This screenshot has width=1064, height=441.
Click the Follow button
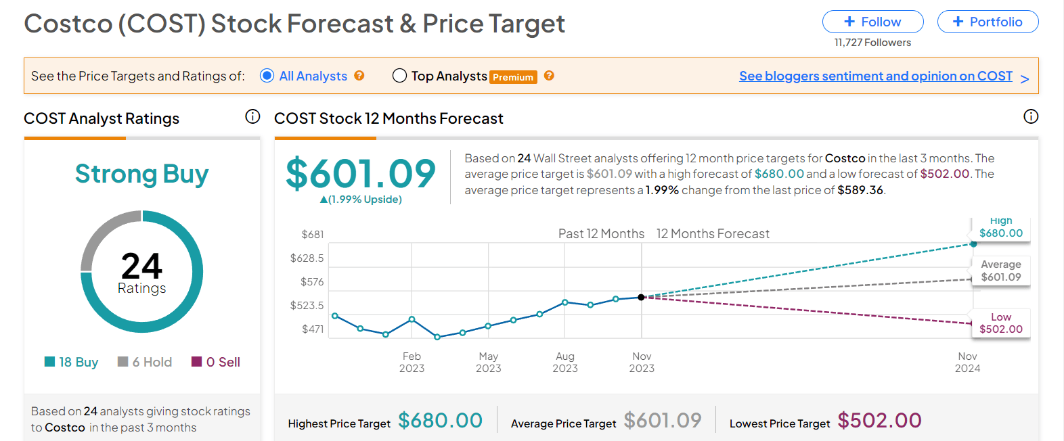[872, 22]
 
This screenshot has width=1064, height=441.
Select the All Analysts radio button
[267, 76]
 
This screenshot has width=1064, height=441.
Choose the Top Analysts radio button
[399, 76]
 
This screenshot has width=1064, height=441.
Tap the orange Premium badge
[513, 77]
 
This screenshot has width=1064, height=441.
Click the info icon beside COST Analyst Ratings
[252, 117]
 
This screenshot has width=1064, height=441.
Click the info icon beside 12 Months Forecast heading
[1030, 117]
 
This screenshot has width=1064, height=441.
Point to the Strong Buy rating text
[141, 174]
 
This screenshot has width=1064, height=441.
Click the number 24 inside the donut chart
[141, 265]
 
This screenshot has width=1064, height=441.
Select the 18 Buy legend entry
[71, 362]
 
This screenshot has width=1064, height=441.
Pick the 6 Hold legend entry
[145, 362]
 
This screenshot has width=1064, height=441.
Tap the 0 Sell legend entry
[216, 362]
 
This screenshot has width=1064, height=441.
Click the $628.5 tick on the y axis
[307, 258]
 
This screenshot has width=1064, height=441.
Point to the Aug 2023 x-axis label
[565, 362]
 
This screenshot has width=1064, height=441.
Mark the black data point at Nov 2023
[641, 297]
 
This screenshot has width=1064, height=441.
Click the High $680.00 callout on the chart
[1000, 229]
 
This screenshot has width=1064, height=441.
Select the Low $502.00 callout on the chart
[1000, 323]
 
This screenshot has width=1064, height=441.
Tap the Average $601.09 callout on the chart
[1000, 271]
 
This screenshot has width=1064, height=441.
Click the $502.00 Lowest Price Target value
[879, 421]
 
